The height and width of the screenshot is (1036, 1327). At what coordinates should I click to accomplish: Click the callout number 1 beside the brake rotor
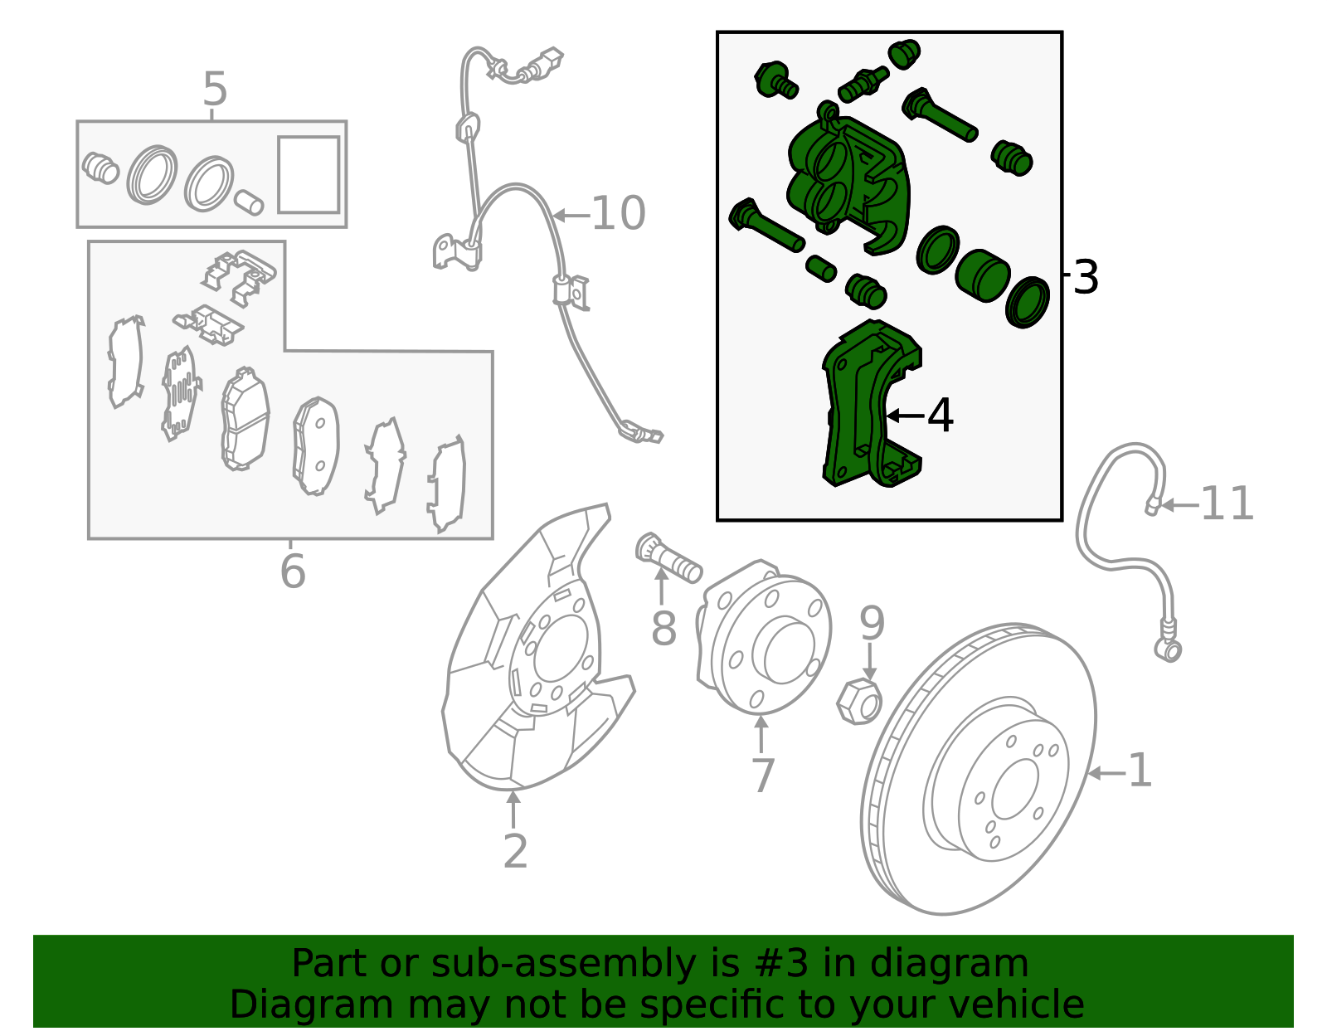tap(1140, 771)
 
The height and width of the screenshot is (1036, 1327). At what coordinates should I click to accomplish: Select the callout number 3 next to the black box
tap(1085, 277)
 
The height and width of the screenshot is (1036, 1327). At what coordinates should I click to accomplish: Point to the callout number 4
tap(940, 415)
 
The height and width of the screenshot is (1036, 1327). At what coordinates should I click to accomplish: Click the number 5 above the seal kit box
tap(215, 89)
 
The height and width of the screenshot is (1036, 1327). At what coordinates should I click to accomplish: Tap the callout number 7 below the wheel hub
tap(763, 776)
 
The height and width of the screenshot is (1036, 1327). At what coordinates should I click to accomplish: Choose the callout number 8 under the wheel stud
tap(663, 628)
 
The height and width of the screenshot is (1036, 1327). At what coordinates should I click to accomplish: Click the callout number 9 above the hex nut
tap(872, 623)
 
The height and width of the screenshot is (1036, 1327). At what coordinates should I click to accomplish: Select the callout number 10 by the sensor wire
tap(619, 213)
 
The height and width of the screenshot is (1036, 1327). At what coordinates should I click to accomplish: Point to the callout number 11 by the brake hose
tap(1227, 503)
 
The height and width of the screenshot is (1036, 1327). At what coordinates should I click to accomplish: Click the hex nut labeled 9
tap(858, 702)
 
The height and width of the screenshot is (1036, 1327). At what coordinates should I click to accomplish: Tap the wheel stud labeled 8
tap(668, 558)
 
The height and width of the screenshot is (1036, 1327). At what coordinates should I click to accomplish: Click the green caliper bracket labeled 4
tap(871, 404)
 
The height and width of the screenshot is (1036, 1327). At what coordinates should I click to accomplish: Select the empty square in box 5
tap(309, 174)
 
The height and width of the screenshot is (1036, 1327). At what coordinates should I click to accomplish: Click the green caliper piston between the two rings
tap(982, 275)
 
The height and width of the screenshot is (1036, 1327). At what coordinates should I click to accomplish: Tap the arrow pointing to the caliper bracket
tap(905, 416)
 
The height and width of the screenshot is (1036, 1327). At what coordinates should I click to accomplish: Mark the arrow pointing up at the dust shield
tap(513, 809)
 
